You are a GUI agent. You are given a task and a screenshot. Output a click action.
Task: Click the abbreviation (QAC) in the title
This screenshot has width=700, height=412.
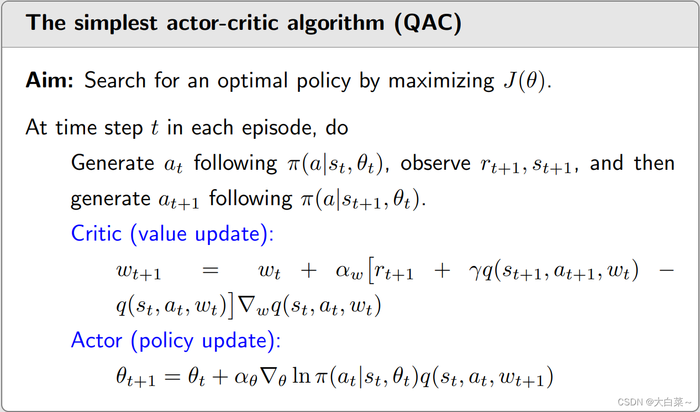click(429, 24)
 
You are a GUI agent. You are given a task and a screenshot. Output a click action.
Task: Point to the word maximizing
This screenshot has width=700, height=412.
click(441, 81)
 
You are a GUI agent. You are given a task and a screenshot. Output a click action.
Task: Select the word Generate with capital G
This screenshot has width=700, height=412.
click(113, 163)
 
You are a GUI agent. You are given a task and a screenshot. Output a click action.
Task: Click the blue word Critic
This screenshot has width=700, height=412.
click(96, 233)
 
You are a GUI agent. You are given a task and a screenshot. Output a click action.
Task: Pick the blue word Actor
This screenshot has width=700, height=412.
click(96, 340)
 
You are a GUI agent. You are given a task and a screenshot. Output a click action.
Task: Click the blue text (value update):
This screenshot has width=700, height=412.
click(202, 233)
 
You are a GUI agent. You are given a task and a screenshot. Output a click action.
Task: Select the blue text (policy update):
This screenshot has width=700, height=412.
click(206, 340)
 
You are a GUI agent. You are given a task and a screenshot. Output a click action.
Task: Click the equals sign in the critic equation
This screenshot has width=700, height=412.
click(211, 271)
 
